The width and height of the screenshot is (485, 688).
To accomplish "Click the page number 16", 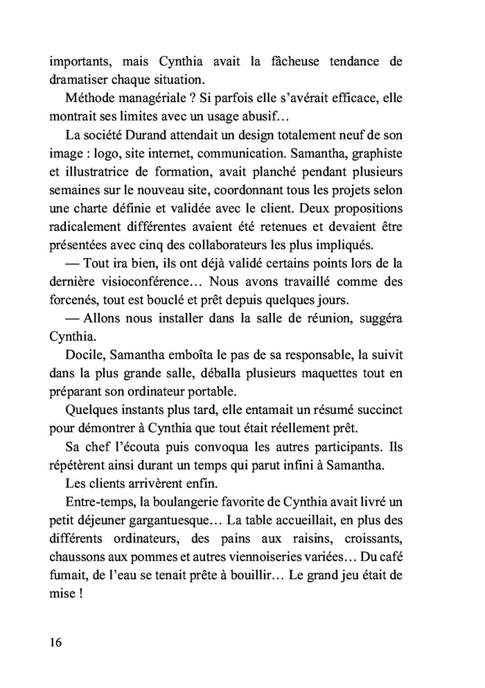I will [55, 642].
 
